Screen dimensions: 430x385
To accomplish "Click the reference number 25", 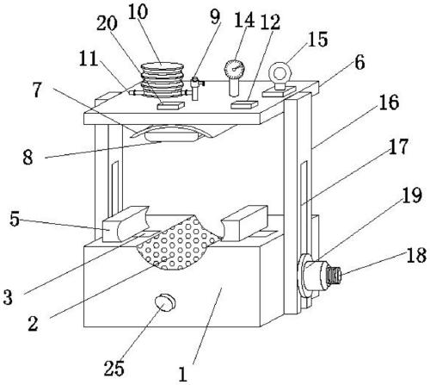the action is [114, 368].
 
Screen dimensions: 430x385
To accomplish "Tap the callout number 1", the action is [182, 374].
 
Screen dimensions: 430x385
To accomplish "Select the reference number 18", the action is [416, 255].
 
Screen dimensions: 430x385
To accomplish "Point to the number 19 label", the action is [412, 196].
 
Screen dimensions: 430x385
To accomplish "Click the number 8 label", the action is [28, 158].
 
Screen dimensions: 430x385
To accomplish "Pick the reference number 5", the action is [15, 220].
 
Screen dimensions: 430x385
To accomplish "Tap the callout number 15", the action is [317, 39].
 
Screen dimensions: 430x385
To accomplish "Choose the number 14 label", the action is [244, 20].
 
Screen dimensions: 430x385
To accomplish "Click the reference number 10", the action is [138, 12].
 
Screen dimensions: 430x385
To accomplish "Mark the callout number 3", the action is [8, 297].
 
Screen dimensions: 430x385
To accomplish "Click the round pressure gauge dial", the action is [235, 69].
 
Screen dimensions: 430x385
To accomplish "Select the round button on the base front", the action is [164, 302].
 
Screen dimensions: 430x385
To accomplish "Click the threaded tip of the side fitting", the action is [335, 275].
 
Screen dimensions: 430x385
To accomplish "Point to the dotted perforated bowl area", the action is [179, 244].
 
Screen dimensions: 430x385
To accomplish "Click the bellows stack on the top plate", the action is [163, 79].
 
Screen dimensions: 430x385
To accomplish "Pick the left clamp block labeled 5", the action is [126, 224].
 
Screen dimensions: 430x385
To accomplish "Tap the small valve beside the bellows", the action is [196, 88].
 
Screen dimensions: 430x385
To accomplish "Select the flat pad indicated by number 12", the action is [244, 104].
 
